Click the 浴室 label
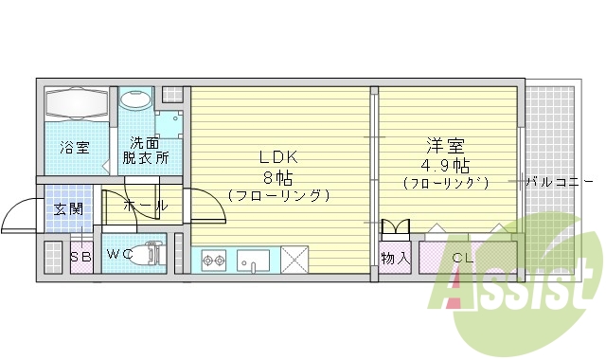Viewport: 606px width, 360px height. [x=75, y=147]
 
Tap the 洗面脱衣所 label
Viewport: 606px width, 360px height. [x=146, y=151]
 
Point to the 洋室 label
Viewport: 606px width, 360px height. [x=445, y=146]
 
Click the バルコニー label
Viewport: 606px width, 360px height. [x=558, y=180]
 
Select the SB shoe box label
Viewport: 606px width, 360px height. [x=81, y=256]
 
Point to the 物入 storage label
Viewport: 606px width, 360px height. [x=395, y=257]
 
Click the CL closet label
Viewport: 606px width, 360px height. [x=463, y=257]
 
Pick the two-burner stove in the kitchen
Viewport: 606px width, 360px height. [x=212, y=259]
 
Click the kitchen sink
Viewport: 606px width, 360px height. [x=255, y=259]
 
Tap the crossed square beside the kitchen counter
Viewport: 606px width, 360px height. [x=294, y=259]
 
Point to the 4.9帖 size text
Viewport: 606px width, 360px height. [x=444, y=164]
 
